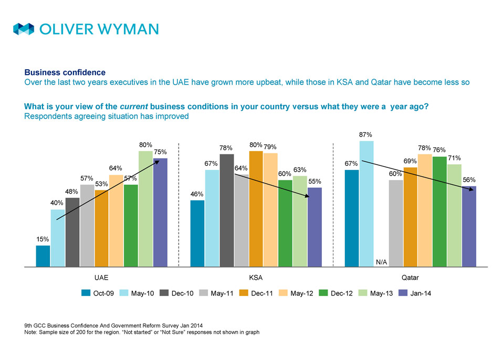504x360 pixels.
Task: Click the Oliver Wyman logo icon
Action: tap(24, 29)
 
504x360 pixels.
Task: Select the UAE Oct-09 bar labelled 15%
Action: tap(43, 256)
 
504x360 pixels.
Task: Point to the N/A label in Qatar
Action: tap(381, 261)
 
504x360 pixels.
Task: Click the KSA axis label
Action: tap(256, 277)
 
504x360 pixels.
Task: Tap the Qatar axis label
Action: tap(410, 277)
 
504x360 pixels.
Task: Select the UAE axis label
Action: tap(101, 277)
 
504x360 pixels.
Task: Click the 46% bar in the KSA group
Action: tap(197, 234)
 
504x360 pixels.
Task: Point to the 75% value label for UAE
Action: tap(160, 152)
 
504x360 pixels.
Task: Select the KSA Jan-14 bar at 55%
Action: tap(314, 227)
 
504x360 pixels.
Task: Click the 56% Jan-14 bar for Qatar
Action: tap(469, 226)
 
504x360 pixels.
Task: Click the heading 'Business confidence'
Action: tap(65, 72)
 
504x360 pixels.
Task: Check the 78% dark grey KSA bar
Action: tap(227, 210)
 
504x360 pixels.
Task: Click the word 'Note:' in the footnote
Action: tap(32, 332)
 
